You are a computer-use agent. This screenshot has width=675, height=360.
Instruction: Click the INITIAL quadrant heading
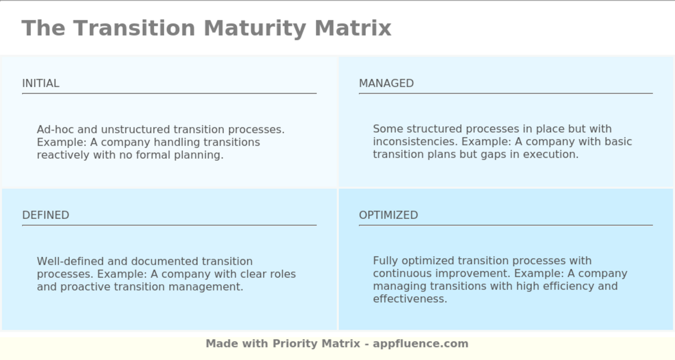pyautogui.click(x=40, y=83)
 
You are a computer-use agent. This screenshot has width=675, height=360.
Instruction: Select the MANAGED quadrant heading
pyautogui.click(x=386, y=83)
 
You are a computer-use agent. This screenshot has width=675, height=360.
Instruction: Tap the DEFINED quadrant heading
pyautogui.click(x=45, y=215)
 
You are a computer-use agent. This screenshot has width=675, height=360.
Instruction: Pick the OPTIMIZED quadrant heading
pyautogui.click(x=388, y=215)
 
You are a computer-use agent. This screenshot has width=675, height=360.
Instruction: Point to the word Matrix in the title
pyautogui.click(x=353, y=28)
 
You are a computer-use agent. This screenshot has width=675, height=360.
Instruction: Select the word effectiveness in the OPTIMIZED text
pyautogui.click(x=410, y=299)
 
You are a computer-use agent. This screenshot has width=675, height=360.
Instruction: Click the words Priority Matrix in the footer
pyautogui.click(x=316, y=344)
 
